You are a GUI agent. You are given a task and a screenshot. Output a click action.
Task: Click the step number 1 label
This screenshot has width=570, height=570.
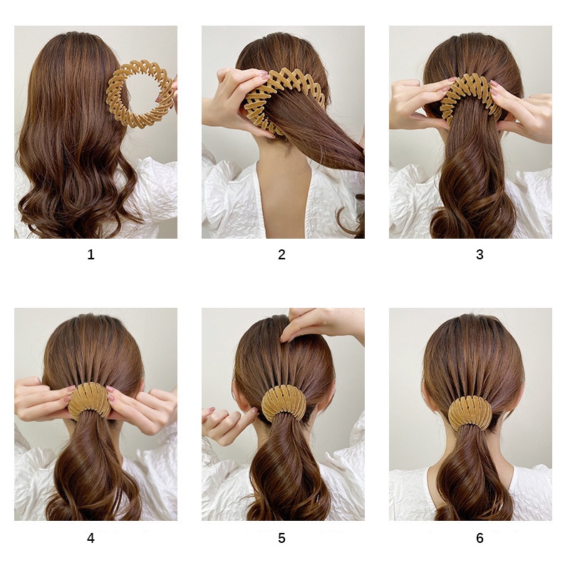coord(91,254)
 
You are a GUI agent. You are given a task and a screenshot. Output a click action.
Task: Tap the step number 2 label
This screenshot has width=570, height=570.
coord(281,254)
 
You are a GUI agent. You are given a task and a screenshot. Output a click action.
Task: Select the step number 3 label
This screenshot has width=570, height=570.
coord(480,254)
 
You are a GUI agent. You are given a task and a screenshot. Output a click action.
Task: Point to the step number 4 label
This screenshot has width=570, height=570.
coord(91,538)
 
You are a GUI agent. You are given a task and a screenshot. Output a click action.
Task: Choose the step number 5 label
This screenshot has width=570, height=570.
coord(281,538)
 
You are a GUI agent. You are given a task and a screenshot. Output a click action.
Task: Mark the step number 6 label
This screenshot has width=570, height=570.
coord(480,538)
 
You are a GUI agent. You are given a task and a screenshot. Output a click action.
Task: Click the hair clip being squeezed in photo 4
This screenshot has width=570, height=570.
coord(90,399)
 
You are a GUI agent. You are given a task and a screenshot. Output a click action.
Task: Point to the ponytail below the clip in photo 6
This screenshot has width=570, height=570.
coord(472,472)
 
